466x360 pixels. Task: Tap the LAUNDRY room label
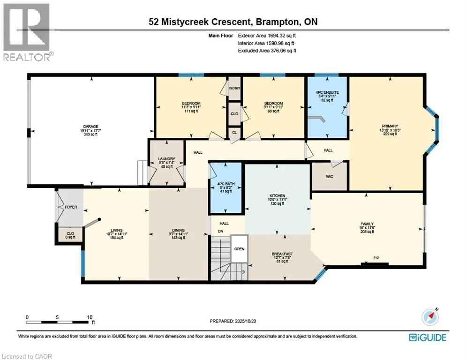tap(166, 159)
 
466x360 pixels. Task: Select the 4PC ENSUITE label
tap(327, 93)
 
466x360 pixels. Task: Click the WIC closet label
tap(329, 178)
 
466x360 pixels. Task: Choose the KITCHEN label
tap(277, 196)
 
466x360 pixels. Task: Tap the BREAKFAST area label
tap(282, 254)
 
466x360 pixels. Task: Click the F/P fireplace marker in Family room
tap(376, 258)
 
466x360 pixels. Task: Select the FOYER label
tap(71, 207)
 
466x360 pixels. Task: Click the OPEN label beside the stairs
tap(239, 248)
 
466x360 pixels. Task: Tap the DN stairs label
tap(220, 232)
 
